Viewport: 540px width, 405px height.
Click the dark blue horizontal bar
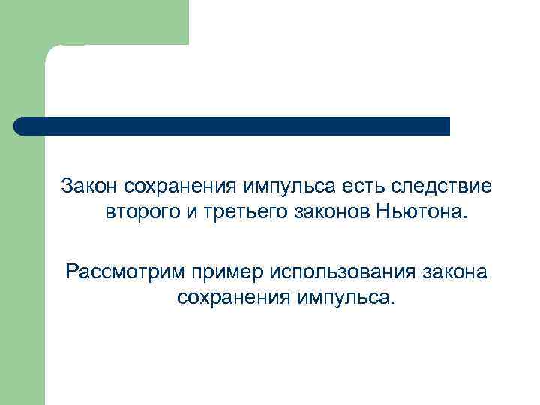tap(232, 125)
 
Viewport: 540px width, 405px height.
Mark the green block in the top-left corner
tap(94, 22)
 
